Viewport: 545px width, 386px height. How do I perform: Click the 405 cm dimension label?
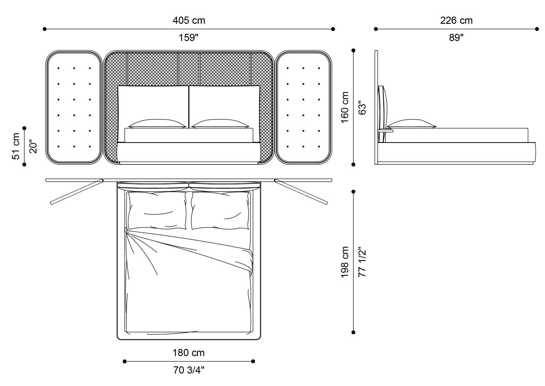click(x=189, y=20)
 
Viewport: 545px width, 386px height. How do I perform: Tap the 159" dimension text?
click(x=189, y=38)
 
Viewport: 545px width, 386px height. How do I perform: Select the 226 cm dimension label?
click(x=456, y=20)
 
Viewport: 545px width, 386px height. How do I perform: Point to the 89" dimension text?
click(x=456, y=38)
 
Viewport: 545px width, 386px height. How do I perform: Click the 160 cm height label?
click(x=345, y=108)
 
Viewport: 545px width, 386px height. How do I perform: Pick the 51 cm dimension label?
click(x=16, y=146)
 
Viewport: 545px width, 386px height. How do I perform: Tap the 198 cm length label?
click(x=345, y=262)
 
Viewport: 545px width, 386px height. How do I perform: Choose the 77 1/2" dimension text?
click(x=362, y=262)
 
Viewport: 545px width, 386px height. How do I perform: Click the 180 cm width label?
click(x=188, y=353)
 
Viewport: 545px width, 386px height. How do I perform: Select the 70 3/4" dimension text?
click(x=188, y=370)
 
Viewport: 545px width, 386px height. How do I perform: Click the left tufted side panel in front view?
click(x=74, y=107)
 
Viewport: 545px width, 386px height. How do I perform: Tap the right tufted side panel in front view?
click(x=303, y=107)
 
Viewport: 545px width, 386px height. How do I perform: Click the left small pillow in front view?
click(x=157, y=124)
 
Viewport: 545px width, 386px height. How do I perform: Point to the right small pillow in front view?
click(x=220, y=124)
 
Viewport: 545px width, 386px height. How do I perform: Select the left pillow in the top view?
click(x=156, y=210)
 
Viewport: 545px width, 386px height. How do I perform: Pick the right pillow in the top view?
click(x=220, y=210)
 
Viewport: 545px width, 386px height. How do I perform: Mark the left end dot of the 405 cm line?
click(x=45, y=29)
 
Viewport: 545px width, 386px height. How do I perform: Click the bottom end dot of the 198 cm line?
click(x=353, y=332)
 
